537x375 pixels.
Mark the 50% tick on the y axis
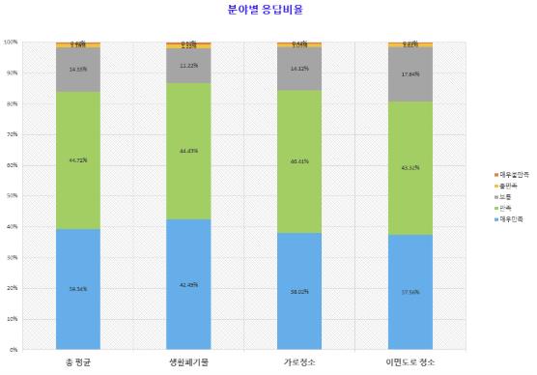(12, 196)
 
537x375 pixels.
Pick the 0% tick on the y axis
(14, 349)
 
